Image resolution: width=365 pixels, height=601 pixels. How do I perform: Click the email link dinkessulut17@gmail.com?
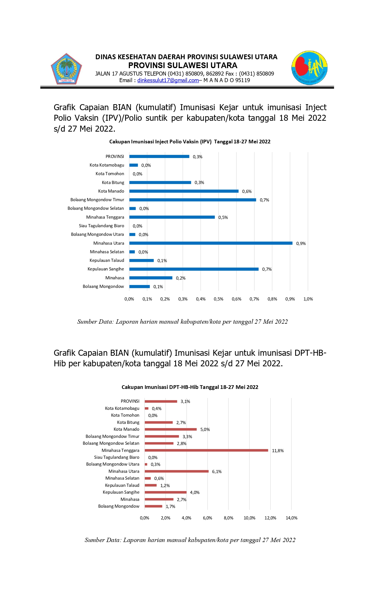coord(168,80)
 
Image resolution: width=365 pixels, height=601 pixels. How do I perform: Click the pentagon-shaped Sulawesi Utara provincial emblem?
coord(66,69)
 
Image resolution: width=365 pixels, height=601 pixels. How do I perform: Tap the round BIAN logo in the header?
coord(309,68)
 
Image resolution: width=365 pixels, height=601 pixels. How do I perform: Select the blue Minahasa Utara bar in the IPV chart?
coord(211,243)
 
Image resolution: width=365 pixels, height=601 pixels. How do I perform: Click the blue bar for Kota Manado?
coord(184,191)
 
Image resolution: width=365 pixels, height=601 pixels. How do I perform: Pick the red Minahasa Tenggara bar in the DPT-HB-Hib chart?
coord(206,450)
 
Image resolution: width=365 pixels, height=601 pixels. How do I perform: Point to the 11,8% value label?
coord(278,451)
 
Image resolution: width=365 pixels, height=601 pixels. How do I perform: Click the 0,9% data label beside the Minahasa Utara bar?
coord(301,244)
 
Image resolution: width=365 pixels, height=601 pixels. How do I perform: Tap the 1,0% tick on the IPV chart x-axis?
coord(308,299)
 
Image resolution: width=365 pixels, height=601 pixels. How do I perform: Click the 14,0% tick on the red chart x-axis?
coord(291,518)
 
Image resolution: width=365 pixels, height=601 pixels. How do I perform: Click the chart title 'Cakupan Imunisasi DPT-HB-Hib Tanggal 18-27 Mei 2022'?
coord(190,387)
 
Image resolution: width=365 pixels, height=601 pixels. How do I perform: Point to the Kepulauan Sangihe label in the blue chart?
coord(106,269)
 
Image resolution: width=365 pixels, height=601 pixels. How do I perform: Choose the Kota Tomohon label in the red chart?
coord(125,415)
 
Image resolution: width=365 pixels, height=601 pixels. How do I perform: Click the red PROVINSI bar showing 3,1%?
coord(161,402)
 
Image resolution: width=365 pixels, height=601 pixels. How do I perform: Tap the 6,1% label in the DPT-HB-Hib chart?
coord(217,472)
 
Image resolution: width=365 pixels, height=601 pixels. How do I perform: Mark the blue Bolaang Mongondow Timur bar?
coord(192,200)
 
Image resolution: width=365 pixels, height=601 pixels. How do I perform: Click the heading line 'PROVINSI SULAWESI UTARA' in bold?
coord(183,65)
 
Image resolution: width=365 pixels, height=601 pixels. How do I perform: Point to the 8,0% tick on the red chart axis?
coord(228,518)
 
